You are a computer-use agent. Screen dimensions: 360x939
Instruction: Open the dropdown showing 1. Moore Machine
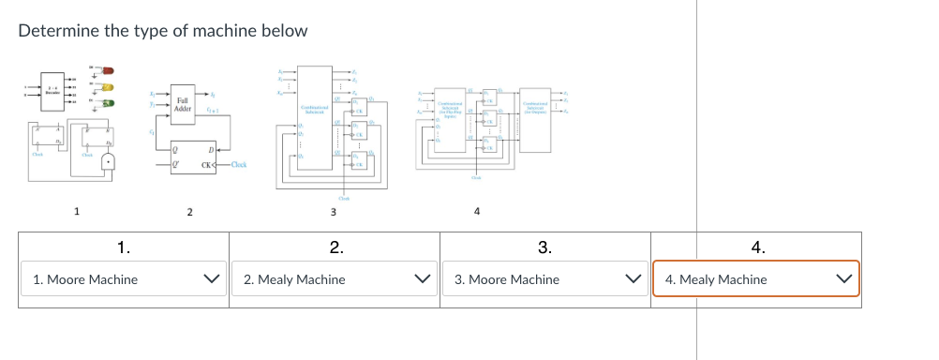click(124, 279)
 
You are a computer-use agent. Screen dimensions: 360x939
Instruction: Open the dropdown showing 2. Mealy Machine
click(335, 279)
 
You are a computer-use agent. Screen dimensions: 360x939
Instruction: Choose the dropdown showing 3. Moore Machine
click(545, 279)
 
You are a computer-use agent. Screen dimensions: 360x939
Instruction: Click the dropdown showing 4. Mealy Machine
click(756, 279)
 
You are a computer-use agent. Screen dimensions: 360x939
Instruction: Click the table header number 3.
click(545, 247)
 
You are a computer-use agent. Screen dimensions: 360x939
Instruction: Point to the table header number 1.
click(124, 247)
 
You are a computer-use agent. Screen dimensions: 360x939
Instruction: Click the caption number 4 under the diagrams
click(477, 211)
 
